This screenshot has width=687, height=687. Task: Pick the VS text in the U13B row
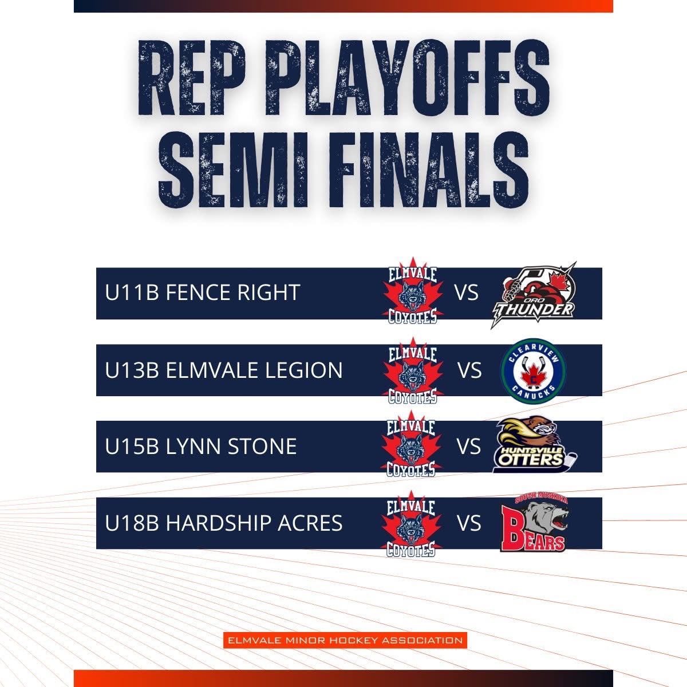469,370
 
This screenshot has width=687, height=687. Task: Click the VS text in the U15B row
469,447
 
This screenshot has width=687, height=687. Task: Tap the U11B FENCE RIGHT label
203,293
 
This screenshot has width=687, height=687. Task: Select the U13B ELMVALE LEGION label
224,370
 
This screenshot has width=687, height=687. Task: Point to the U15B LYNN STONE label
201,447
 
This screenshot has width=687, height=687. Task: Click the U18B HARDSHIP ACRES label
224,523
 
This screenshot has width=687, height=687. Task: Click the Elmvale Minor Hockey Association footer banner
345,640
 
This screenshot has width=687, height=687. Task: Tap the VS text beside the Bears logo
469,523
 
